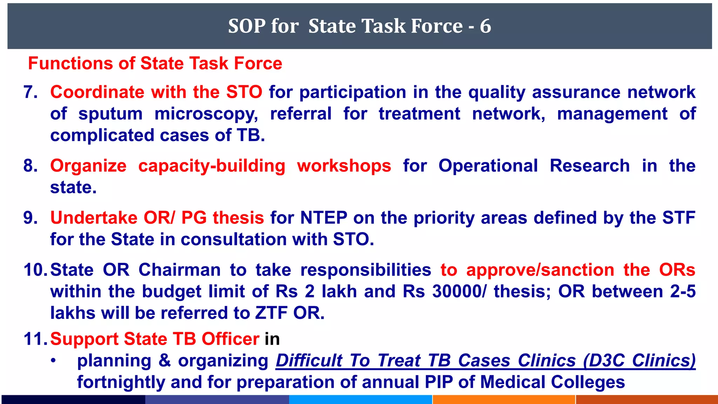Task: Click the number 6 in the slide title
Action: [x=486, y=26]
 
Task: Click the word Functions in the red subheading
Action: [x=70, y=63]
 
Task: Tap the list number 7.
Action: [x=31, y=92]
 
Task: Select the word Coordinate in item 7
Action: [x=97, y=92]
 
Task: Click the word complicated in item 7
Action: [x=102, y=136]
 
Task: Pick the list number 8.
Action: [x=31, y=166]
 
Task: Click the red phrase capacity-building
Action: [x=212, y=166]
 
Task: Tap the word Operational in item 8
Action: [x=488, y=166]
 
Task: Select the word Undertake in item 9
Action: [x=94, y=218]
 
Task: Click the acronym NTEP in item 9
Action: [x=324, y=218]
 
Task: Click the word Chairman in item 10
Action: [x=179, y=270]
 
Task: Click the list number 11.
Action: [x=35, y=339]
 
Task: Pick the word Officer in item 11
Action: [x=230, y=339]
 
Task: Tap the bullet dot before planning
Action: [x=53, y=361]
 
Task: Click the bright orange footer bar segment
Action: [x=504, y=399]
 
